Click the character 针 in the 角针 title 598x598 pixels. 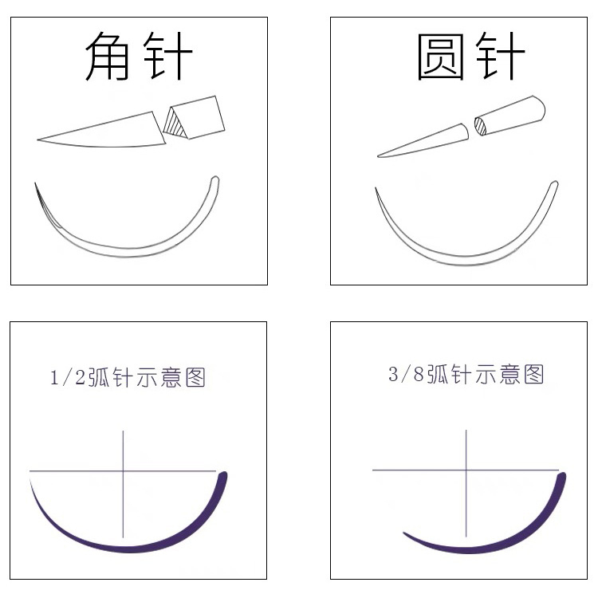167,57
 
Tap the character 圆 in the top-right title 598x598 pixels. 442,57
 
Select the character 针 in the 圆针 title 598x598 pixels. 499,57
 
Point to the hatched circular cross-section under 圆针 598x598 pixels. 480,125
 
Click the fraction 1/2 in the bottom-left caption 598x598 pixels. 66,377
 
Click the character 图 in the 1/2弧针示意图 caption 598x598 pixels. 195,377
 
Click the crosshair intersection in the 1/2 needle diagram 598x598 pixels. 124,471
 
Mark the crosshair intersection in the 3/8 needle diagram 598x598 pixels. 466,470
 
